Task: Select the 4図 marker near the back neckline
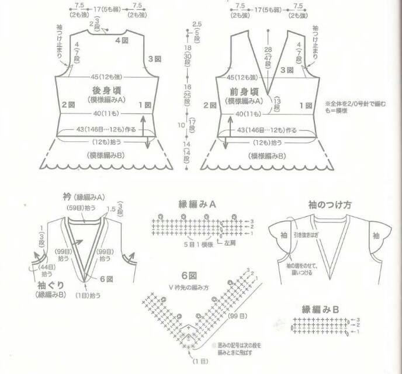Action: point(121,40)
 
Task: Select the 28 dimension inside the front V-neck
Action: point(268,50)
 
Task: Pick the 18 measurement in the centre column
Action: point(188,47)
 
